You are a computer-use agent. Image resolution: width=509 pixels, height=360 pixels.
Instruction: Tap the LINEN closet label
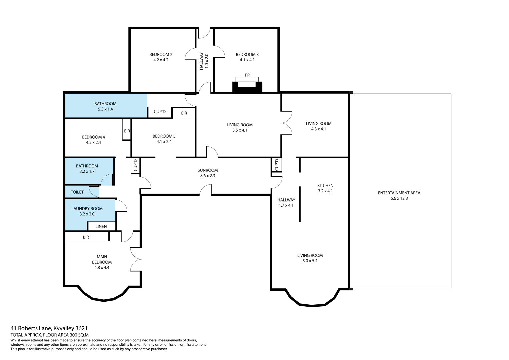tap(101, 227)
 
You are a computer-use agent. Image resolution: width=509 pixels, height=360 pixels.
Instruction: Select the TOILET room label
tap(77, 192)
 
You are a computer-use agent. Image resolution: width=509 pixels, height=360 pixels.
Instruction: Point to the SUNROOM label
tap(208, 170)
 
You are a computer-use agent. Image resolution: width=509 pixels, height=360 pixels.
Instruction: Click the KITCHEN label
tap(325, 185)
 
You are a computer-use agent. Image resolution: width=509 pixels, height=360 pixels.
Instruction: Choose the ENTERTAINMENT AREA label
tap(399, 193)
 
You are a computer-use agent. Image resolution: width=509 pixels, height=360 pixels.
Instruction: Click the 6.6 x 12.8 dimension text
tap(399, 198)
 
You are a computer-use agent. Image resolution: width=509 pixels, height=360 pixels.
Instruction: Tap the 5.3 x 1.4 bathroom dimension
tap(105, 109)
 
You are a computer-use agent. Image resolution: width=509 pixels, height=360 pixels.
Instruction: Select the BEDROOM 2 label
tap(161, 55)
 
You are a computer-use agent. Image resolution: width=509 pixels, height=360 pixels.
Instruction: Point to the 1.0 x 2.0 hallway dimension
tap(206, 61)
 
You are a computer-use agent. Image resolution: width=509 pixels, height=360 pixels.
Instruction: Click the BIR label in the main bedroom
tap(86, 237)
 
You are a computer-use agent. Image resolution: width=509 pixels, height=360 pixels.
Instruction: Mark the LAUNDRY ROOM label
tap(87, 209)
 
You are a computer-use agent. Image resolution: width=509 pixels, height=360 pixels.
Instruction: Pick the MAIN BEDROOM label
tap(102, 259)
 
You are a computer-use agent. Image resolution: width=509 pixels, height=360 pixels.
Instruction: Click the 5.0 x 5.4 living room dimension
tap(310, 261)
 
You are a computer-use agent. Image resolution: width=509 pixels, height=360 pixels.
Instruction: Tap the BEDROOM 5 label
tap(164, 136)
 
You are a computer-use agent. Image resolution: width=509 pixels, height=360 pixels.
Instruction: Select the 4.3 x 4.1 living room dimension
tap(319, 129)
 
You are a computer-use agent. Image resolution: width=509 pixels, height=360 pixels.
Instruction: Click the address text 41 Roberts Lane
tap(31, 328)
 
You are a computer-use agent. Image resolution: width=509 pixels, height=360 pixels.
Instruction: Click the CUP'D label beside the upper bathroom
tap(160, 112)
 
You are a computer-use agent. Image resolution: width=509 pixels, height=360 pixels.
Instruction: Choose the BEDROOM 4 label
tap(93, 137)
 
